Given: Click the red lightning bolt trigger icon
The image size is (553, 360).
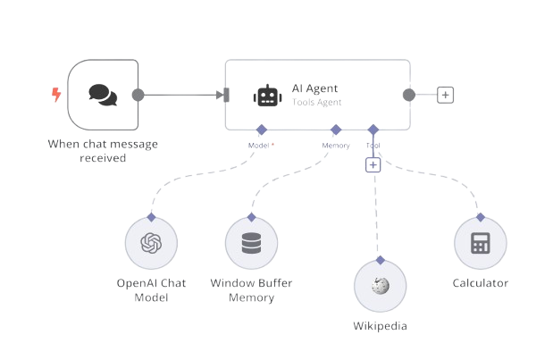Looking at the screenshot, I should (56, 94).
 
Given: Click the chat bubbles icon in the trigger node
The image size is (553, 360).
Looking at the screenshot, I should (104, 95).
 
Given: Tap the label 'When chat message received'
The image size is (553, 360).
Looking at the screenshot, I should (104, 151).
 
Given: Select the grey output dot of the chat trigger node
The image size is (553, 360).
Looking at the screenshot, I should (138, 95).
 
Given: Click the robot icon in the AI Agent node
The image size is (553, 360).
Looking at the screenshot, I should (266, 96).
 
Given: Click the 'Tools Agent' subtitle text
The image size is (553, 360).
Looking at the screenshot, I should (316, 103).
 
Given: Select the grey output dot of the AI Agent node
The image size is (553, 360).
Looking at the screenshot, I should (408, 95).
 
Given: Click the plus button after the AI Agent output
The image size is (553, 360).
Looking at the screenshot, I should (445, 95).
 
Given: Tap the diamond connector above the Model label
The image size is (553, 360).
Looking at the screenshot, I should (261, 130).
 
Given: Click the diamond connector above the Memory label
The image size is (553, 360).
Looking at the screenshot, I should (336, 130).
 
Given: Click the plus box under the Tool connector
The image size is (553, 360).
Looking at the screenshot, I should (373, 164).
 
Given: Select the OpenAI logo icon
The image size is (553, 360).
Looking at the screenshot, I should (151, 243).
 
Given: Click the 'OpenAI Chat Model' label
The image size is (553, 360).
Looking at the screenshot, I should (151, 289).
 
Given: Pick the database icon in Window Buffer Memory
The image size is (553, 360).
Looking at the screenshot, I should (251, 243).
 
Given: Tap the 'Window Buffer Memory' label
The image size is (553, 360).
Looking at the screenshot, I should (251, 289).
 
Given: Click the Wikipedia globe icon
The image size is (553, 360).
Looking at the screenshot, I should (380, 286).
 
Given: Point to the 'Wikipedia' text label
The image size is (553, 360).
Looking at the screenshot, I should (380, 326).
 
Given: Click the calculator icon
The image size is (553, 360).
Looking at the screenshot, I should (480, 243).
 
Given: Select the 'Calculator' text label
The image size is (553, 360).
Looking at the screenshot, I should (480, 283).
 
